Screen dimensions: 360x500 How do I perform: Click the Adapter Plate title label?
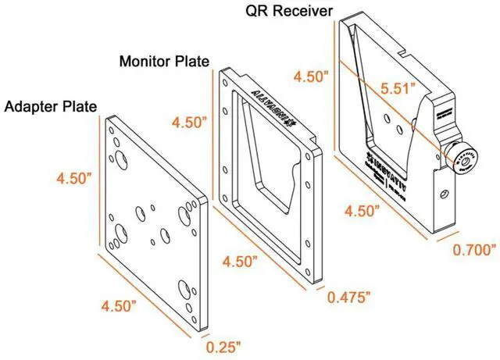point(50,105)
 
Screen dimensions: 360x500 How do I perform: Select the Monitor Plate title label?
point(164,61)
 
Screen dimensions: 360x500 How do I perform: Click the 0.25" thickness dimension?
point(224,344)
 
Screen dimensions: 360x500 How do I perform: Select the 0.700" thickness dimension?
point(475,250)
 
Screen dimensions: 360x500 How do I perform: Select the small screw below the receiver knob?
point(443,192)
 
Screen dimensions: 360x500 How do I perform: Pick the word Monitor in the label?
point(145,61)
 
